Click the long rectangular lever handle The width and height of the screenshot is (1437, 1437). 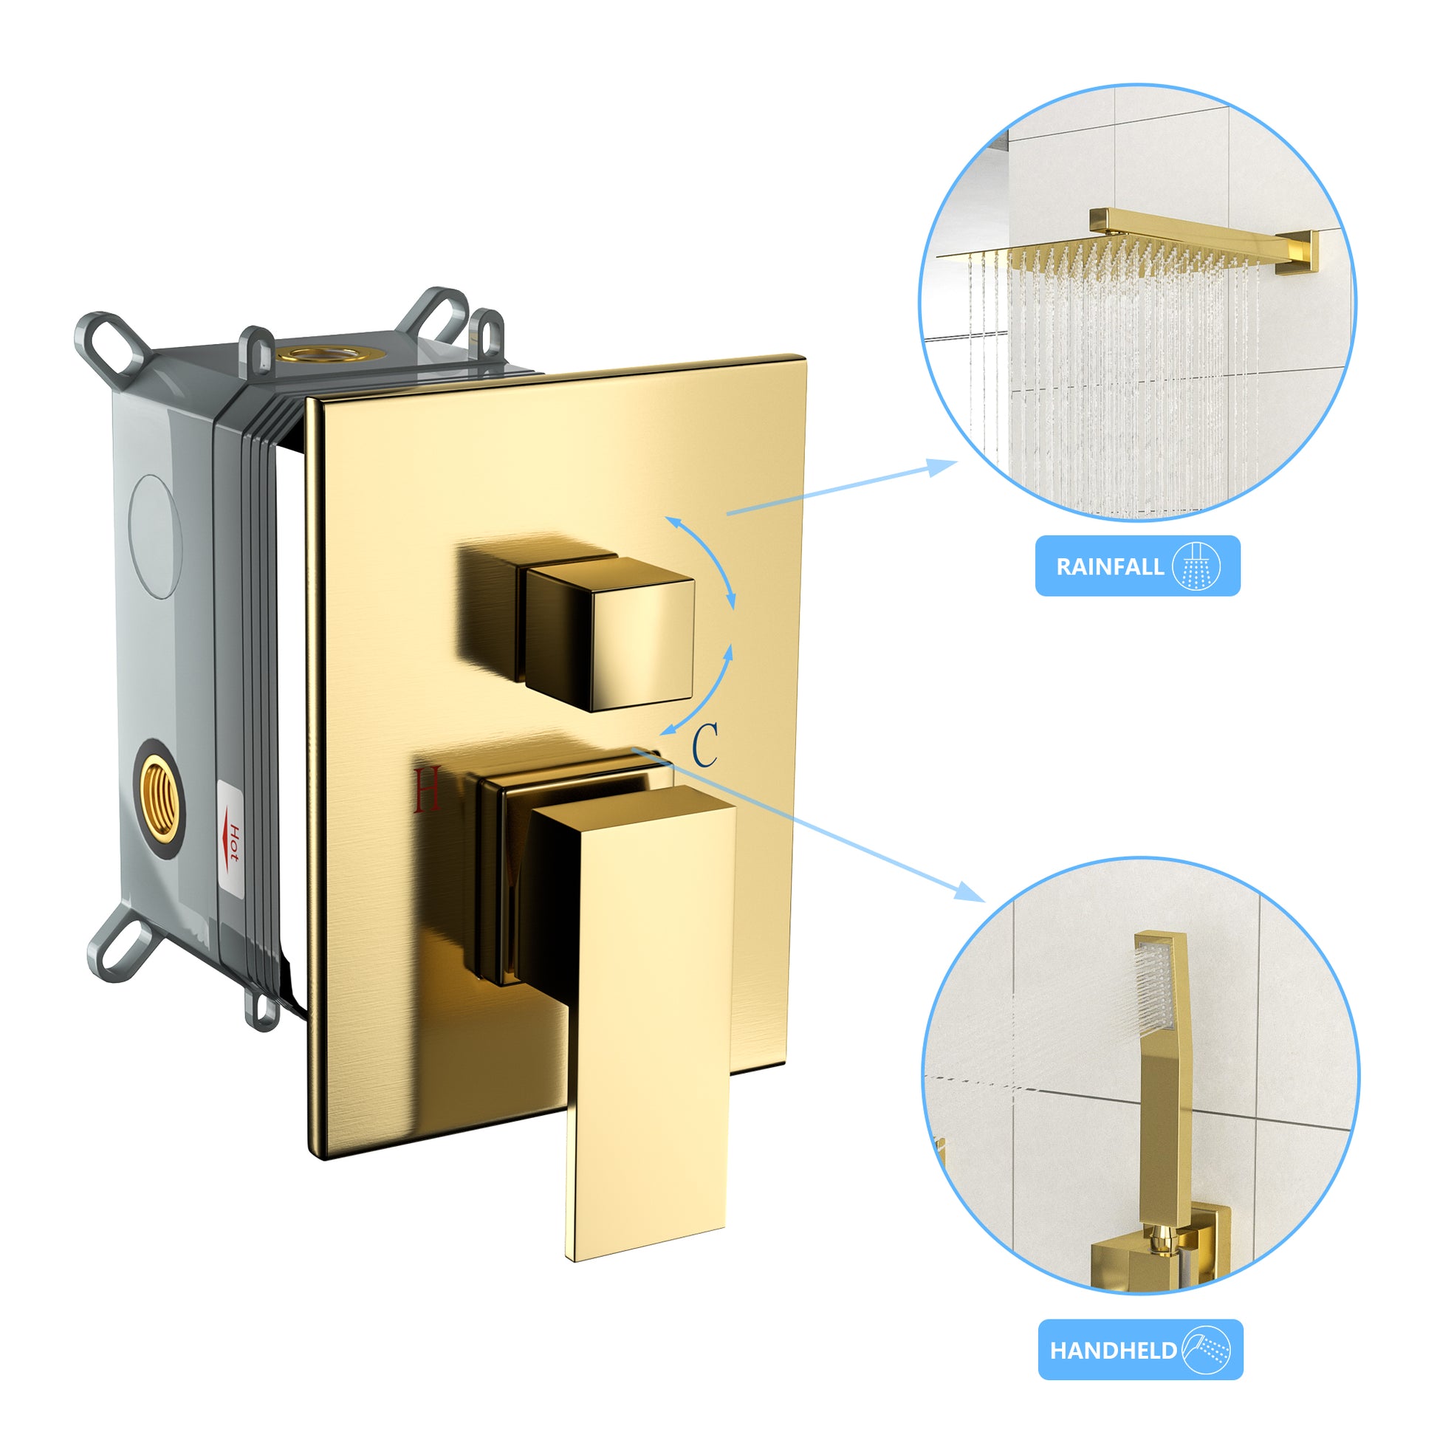click(647, 1026)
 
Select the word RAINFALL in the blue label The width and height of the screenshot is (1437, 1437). click(1109, 567)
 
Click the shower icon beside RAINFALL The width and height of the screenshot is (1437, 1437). click(1197, 567)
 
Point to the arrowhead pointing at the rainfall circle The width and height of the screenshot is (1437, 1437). click(944, 466)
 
